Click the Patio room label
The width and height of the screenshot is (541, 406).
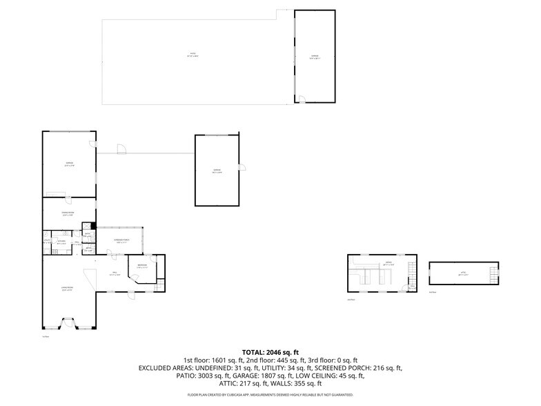coord(193,55)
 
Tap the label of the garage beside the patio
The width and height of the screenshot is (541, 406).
coord(315,57)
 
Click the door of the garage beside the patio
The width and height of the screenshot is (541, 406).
coord(302,99)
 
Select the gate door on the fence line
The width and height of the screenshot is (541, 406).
coord(121,148)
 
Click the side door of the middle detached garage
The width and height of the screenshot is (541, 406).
coord(242,166)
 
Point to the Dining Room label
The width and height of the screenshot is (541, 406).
coord(68,215)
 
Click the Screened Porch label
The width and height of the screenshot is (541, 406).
coord(121,242)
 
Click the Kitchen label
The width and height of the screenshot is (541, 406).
coord(61,242)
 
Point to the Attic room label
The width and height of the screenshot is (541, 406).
coord(463,273)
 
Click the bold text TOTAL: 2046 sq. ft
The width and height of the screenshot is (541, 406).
coord(270,351)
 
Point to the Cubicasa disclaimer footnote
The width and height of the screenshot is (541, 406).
coord(270,395)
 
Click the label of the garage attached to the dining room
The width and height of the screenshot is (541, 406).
coord(69,165)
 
